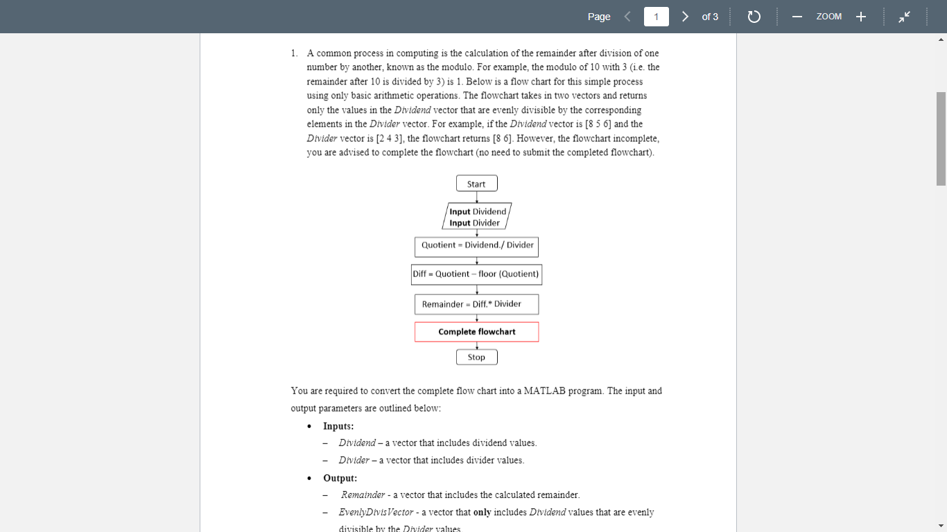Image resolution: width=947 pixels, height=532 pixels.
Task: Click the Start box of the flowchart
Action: (476, 184)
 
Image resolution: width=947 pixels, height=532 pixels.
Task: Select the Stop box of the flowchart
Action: (476, 357)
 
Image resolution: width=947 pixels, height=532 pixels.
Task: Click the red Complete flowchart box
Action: (476, 332)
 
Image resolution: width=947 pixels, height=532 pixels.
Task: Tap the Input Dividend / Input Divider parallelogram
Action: (476, 217)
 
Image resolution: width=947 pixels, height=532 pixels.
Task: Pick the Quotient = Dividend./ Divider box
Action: (477, 245)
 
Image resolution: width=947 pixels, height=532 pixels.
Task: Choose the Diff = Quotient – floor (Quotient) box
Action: (476, 274)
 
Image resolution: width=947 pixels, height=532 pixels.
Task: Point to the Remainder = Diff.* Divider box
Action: (476, 304)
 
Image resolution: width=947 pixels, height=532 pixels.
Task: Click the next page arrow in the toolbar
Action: (685, 17)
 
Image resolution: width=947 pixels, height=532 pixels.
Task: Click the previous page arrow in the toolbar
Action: (627, 17)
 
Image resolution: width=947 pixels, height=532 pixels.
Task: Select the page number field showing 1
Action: (656, 17)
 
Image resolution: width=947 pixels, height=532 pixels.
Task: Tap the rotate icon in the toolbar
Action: (754, 17)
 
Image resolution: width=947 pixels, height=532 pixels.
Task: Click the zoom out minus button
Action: (797, 17)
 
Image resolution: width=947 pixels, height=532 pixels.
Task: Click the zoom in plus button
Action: (860, 17)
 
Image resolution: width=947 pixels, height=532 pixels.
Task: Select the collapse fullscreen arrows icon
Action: (904, 17)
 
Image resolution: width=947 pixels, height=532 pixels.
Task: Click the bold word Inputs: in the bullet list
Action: (338, 426)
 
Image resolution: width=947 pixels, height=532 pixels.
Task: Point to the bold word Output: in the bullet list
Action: (340, 478)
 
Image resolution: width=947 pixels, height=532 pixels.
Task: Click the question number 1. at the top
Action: (295, 53)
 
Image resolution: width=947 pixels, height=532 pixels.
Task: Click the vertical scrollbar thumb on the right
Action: (941, 139)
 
